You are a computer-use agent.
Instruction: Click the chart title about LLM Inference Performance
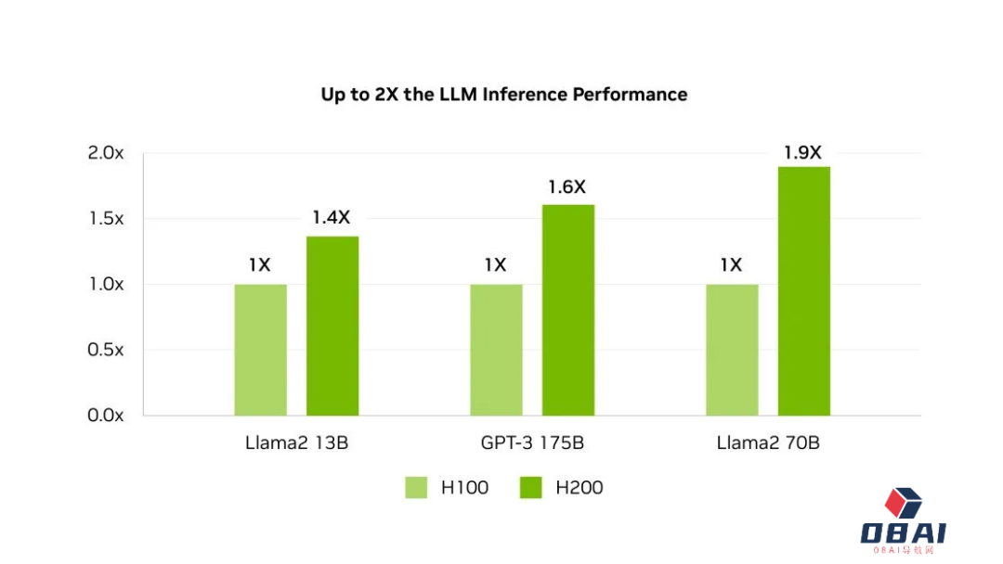point(503,95)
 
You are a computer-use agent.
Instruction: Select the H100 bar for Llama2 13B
point(260,350)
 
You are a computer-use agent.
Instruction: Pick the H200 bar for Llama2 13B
point(332,326)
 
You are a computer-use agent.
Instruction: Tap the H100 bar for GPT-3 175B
point(496,350)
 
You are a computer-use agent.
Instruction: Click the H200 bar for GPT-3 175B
point(568,310)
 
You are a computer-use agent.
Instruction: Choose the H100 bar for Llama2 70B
point(732,350)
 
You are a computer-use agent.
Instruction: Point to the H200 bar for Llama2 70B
point(804,290)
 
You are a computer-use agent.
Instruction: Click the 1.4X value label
point(331,218)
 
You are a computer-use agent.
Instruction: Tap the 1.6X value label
point(567,186)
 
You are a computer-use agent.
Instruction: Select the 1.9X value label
point(802,152)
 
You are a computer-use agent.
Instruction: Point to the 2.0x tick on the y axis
point(106,153)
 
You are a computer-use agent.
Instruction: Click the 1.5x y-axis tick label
point(106,219)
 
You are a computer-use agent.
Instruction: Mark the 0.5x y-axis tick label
point(106,350)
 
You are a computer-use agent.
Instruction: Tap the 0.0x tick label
point(106,416)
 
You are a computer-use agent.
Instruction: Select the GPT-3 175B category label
point(532,443)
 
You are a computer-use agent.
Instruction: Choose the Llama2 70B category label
point(768,443)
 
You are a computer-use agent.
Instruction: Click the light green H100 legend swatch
point(416,488)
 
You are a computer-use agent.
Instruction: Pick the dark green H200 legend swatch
point(530,488)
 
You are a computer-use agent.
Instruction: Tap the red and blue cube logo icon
point(902,504)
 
